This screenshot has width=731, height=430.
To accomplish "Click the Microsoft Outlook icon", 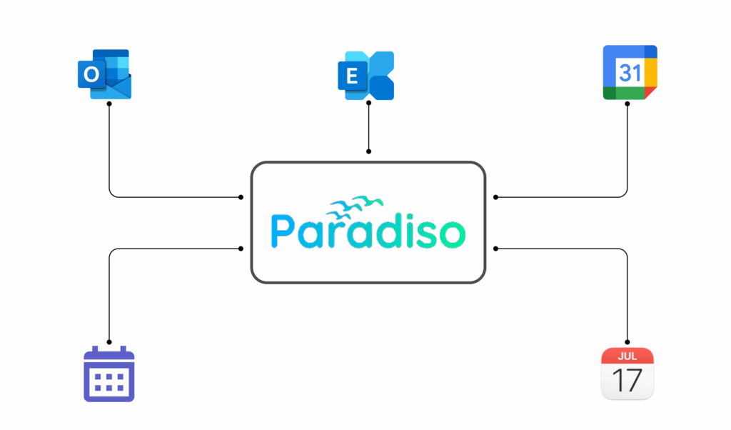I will [x=106, y=74].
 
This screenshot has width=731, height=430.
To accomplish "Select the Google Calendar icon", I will [x=629, y=72].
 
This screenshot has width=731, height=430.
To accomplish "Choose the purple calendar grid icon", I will [x=109, y=374].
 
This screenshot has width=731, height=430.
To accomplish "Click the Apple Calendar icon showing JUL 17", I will [x=627, y=374].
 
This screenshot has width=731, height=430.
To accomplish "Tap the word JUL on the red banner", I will [x=627, y=356].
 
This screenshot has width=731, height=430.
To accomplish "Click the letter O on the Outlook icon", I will [x=90, y=74].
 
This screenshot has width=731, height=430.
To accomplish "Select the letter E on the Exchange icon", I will [x=351, y=76].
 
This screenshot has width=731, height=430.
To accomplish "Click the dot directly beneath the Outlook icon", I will [x=109, y=104].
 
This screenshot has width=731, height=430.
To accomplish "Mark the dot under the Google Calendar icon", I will [x=627, y=104].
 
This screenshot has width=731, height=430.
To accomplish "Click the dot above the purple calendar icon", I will [x=109, y=341].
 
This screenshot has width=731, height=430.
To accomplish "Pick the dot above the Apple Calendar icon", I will [x=627, y=341].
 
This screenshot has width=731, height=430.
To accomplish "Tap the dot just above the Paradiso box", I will [x=368, y=151].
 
